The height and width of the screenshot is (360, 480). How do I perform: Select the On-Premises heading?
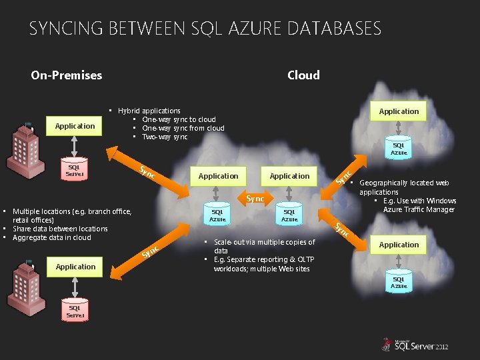coord(67,75)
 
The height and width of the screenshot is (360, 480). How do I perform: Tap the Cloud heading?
coord(303,75)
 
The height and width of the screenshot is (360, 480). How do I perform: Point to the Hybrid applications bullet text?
coord(149,111)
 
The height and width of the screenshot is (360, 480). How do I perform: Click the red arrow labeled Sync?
coord(255,199)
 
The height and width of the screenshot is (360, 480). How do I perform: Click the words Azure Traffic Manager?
coord(420,209)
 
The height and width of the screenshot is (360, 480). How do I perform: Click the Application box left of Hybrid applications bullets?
coord(75,126)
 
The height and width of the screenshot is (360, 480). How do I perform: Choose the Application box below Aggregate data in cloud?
coord(76,267)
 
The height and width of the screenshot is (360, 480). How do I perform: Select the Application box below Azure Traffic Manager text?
coord(399,245)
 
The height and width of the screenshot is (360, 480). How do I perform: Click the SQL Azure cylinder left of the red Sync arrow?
coord(218,215)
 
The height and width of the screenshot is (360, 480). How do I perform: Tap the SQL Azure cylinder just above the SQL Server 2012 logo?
coord(399,283)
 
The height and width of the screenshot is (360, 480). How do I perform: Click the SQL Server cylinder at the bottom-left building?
coord(75,311)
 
